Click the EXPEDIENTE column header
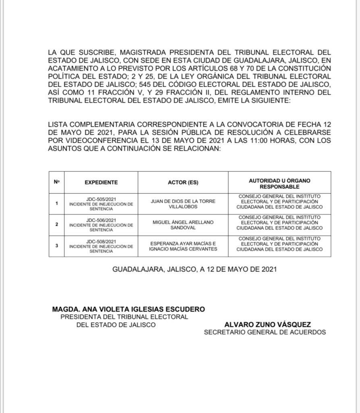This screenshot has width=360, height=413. (101, 182)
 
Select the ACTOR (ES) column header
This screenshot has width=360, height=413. (183, 182)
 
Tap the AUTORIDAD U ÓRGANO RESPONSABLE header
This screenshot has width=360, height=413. (279, 184)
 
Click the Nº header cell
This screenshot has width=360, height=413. (56, 182)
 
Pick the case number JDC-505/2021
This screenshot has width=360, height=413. (101, 199)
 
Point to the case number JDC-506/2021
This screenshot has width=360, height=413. (101, 220)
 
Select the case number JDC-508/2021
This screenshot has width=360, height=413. (101, 241)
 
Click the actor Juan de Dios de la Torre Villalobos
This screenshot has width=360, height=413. (183, 203)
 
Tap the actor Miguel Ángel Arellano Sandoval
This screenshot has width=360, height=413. (183, 225)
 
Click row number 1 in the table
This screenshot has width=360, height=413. (56, 203)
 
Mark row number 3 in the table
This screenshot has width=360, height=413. (56, 245)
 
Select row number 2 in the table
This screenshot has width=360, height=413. (56, 224)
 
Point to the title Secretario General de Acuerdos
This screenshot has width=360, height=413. (264, 332)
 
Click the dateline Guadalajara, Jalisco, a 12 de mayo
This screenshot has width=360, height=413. (194, 269)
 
